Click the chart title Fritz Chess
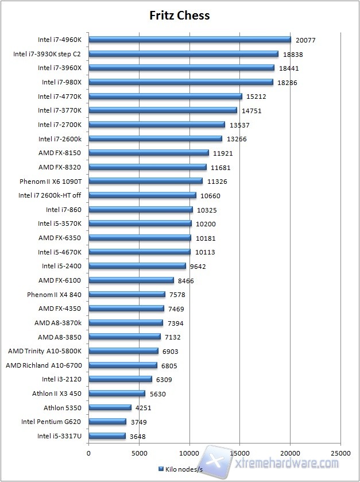pos(180,16)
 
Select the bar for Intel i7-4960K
pos(190,40)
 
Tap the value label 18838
pos(293,55)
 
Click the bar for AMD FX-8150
pos(149,153)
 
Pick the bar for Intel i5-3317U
pos(107,436)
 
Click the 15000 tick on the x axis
pos(240,453)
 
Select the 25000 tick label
pos(340,453)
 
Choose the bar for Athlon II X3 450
pos(117,394)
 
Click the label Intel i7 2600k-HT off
pos(51,195)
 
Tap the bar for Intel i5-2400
pos(137,266)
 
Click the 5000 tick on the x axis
pos(139,453)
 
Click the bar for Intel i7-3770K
pos(162,110)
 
